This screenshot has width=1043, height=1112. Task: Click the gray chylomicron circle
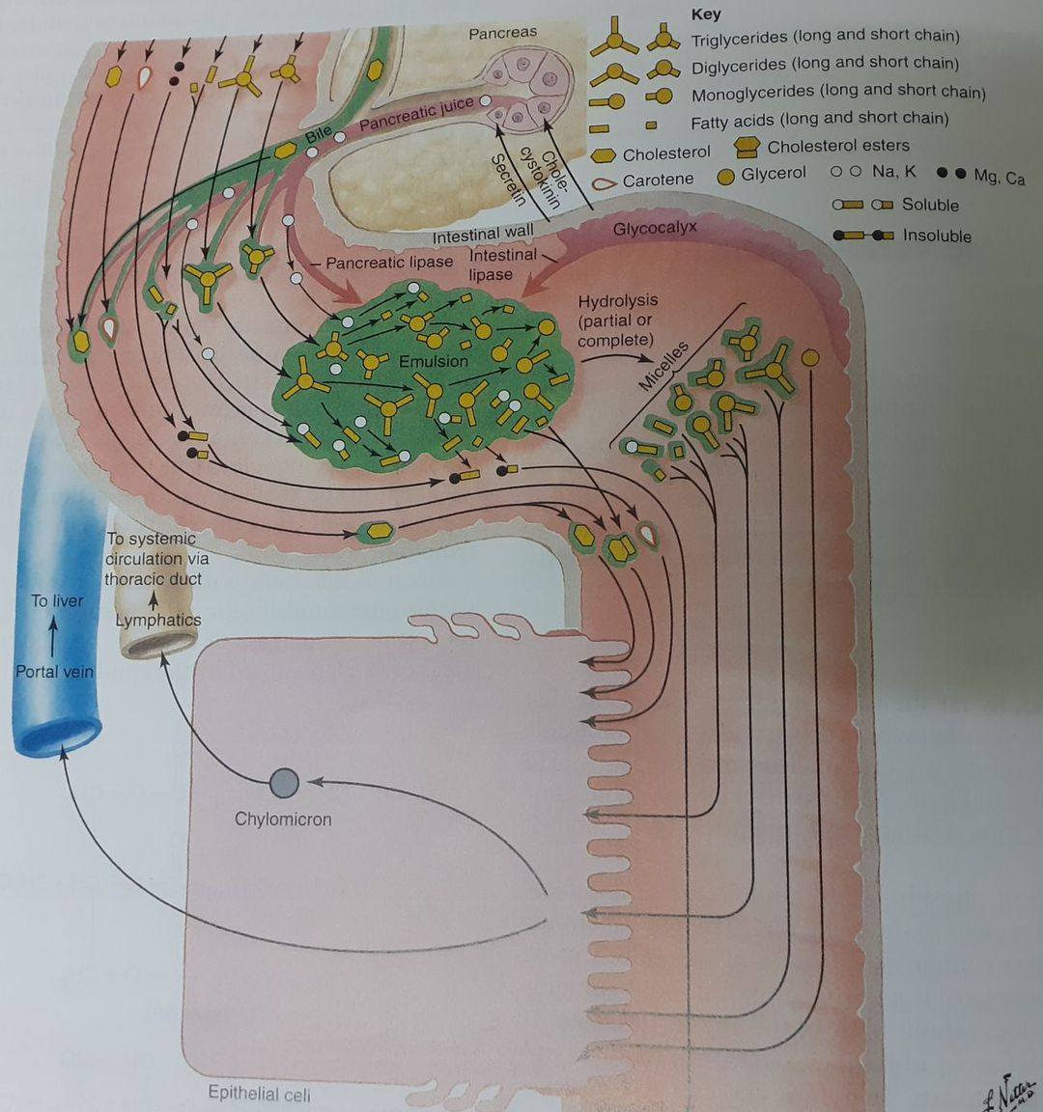284,783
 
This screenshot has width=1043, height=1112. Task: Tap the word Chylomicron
283,820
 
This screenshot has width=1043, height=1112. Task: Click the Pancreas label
502,33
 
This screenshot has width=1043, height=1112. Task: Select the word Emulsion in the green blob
434,361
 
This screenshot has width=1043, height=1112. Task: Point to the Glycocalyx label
655,229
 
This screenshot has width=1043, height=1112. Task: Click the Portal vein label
54,672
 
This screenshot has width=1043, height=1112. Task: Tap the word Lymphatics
158,620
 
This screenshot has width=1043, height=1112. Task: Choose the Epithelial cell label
260,1094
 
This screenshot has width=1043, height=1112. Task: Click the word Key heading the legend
706,14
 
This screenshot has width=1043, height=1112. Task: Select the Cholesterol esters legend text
838,146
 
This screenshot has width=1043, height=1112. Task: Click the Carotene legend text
658,180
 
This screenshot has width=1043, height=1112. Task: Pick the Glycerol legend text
774,174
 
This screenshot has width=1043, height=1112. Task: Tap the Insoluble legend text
937,236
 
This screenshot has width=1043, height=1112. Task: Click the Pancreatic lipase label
389,263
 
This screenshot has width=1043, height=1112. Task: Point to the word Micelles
663,366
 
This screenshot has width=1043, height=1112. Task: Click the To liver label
57,600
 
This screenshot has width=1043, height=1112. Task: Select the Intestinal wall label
483,234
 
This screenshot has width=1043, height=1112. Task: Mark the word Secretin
507,180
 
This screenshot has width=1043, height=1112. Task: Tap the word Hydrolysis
618,301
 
